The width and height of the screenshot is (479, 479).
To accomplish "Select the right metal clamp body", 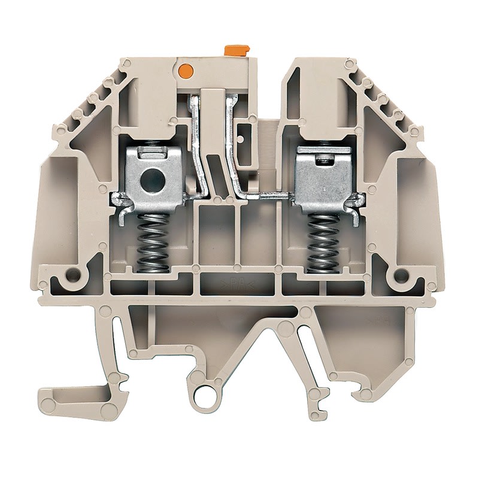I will [324, 177].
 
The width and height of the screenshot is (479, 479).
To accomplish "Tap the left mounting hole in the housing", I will [73, 275].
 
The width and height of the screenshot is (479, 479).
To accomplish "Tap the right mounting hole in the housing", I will [399, 275].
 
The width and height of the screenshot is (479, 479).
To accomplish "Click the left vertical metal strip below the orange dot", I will [197, 144].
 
